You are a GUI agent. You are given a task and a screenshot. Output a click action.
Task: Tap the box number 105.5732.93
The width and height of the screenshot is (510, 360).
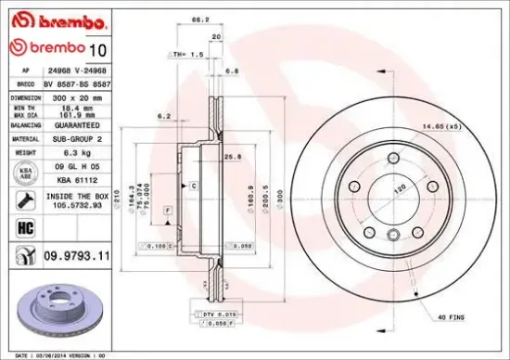click(x=72, y=207)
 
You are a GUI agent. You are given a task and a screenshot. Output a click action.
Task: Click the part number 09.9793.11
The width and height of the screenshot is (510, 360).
click(x=78, y=252)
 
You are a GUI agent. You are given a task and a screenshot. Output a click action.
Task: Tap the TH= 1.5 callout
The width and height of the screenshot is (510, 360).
click(x=189, y=55)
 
